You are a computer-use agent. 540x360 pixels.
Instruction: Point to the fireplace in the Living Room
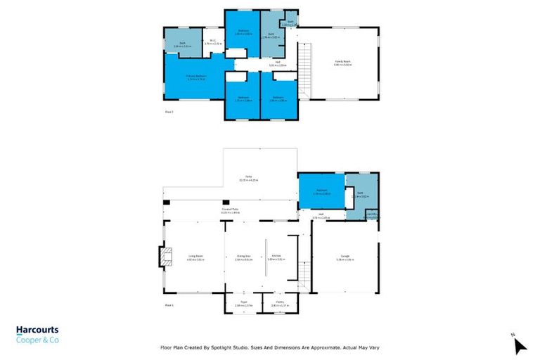(x=165, y=257)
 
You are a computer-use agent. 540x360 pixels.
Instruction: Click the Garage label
(x=345, y=259)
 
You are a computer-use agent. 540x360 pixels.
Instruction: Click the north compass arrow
(x=520, y=346)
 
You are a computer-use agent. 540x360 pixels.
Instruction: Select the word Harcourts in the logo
(x=37, y=330)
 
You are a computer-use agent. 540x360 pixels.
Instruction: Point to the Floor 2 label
(x=169, y=112)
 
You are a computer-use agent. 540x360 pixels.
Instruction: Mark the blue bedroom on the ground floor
(x=321, y=191)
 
